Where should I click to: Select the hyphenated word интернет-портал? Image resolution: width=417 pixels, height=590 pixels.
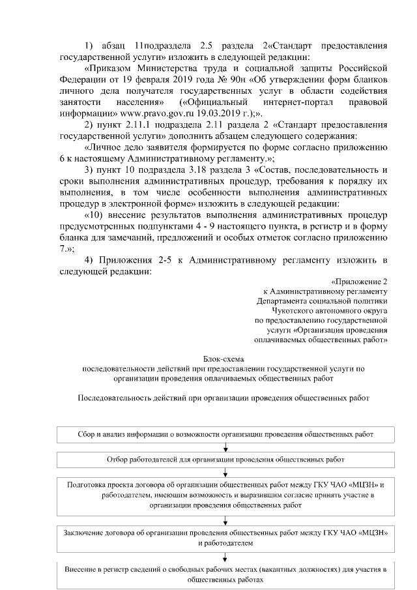306,102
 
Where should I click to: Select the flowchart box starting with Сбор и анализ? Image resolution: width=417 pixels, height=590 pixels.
224,434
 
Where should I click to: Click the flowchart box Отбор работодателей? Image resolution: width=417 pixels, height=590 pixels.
224,460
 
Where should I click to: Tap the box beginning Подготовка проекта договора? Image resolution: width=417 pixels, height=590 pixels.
224,495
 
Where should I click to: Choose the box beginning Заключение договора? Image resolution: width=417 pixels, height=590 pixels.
224,537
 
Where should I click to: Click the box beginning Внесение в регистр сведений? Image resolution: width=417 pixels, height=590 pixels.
224,574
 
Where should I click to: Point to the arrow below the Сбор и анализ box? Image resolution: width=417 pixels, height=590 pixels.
225,447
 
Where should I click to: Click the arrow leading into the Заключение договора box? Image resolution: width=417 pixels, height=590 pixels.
225,519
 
